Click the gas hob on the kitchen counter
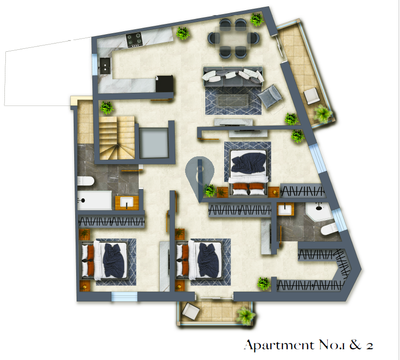click(x=134, y=40)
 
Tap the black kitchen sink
click(x=105, y=66)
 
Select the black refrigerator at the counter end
click(x=164, y=84)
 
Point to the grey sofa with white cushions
click(x=232, y=76)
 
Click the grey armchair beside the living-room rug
click(x=270, y=96)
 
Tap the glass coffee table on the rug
click(x=232, y=100)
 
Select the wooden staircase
click(x=117, y=138)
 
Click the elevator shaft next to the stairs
click(x=154, y=143)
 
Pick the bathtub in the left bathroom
click(x=94, y=200)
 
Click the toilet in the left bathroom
click(x=86, y=181)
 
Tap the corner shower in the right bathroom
click(x=319, y=213)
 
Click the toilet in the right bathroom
click(x=329, y=229)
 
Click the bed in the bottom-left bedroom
click(x=105, y=260)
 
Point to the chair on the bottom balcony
click(x=190, y=311)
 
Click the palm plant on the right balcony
click(x=323, y=113)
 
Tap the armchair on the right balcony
click(x=312, y=96)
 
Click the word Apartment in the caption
click(x=279, y=345)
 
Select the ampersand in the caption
click(x=356, y=344)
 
